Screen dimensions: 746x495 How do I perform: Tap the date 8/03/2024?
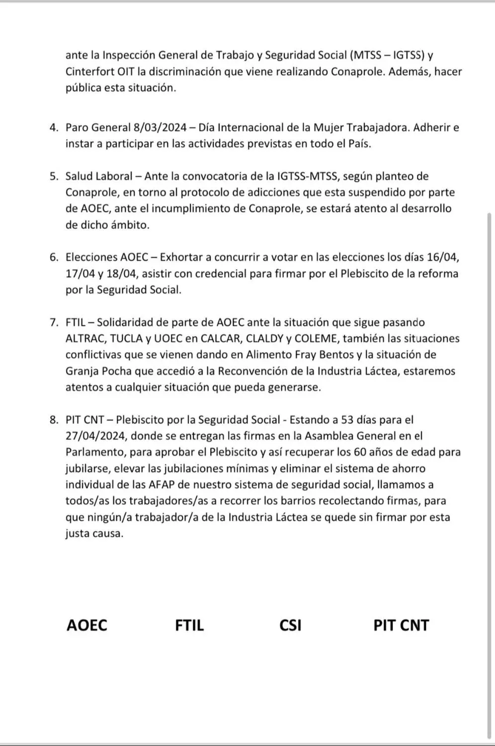click(x=160, y=127)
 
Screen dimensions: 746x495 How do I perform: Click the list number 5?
click(x=54, y=176)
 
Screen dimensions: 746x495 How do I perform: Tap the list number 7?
click(x=54, y=322)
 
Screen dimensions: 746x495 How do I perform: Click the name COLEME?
click(x=314, y=339)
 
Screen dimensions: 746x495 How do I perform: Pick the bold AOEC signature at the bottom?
click(x=87, y=625)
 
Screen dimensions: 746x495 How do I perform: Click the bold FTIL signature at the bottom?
click(x=189, y=625)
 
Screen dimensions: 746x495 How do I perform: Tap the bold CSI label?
click(x=290, y=625)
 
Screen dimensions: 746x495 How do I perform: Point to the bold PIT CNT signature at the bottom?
click(x=401, y=625)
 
